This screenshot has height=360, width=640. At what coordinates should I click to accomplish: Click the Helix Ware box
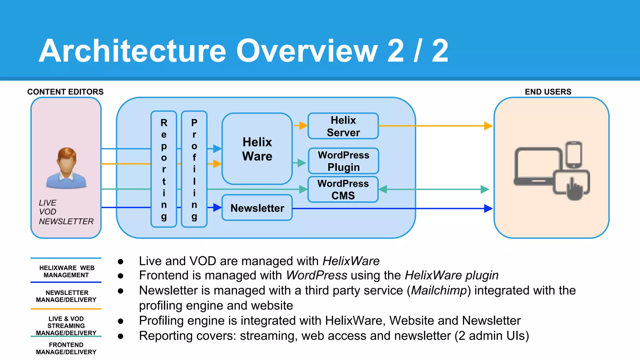point(257,149)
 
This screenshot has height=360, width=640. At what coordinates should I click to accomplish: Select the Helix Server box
point(343,126)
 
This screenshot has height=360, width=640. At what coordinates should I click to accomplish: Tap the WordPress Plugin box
point(343,161)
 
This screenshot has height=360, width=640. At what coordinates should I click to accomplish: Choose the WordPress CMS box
point(343,189)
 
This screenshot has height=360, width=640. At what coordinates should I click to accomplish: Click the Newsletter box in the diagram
point(257,208)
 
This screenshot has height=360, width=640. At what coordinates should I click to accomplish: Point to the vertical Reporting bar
point(164,169)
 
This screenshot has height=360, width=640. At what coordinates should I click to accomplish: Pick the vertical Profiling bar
point(194,169)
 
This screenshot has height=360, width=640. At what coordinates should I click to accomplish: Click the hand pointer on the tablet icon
point(574,189)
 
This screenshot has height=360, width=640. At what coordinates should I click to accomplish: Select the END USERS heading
point(548,92)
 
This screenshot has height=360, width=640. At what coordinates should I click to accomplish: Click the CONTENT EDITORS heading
point(65,92)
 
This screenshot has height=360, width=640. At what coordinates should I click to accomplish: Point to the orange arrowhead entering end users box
point(488,126)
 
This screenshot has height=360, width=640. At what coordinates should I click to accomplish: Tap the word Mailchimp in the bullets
point(439,290)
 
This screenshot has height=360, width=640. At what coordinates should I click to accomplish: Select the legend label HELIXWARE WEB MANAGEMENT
point(66,271)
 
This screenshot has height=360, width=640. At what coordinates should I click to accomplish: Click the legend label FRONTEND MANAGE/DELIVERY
point(66,348)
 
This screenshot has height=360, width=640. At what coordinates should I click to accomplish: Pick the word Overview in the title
point(307,51)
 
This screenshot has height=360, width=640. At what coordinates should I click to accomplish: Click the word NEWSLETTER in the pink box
point(66,221)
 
